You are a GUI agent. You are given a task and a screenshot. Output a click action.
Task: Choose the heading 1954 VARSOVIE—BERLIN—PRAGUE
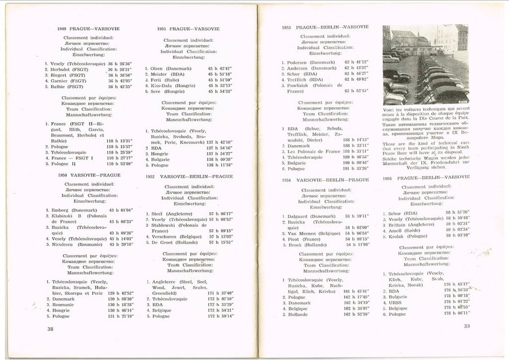[x=325, y=179]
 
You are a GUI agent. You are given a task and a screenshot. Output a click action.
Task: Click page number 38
[x=50, y=328]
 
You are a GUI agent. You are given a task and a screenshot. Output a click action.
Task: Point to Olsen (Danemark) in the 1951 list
[x=170, y=68]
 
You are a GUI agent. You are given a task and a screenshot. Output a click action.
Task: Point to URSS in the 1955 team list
[x=398, y=302]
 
